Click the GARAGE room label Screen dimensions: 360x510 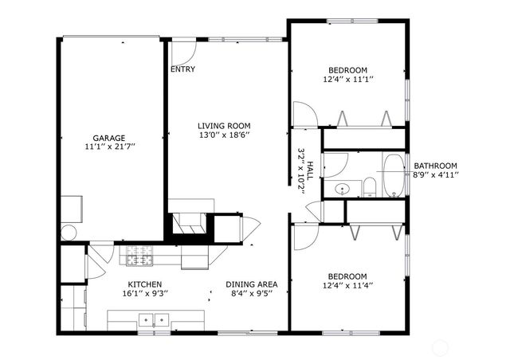(x=108, y=138)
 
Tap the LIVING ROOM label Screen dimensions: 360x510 (x=224, y=125)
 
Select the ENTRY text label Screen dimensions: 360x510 (x=182, y=69)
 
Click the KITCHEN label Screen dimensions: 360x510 (x=145, y=284)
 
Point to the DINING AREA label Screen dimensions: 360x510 (x=251, y=284)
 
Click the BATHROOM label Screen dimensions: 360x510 (x=435, y=166)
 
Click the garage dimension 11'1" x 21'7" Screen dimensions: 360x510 (x=108, y=147)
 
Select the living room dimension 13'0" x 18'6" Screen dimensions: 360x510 (x=224, y=135)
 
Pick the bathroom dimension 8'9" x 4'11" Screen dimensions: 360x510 (x=435, y=174)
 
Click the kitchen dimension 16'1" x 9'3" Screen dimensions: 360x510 (x=145, y=293)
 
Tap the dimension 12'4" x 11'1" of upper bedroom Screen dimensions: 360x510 (x=347, y=79)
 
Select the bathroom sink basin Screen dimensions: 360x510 (x=341, y=190)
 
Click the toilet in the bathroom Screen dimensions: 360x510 (x=369, y=188)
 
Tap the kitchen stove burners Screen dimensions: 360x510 (x=140, y=256)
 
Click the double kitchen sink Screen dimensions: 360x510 (x=153, y=320)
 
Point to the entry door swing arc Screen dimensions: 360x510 (x=185, y=55)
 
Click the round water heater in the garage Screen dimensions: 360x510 (x=69, y=233)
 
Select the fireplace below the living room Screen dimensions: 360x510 (x=190, y=224)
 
